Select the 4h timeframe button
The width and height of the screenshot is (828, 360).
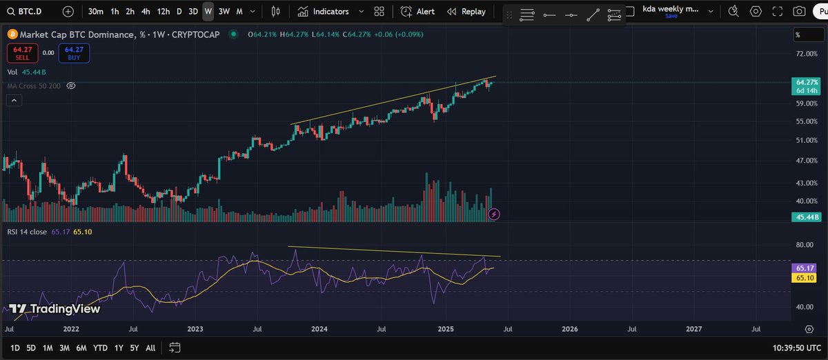coord(146,12)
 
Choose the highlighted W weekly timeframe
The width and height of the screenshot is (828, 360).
coord(208,12)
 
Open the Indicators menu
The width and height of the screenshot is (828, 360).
coord(324,12)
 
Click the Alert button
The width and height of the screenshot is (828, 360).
coord(417,12)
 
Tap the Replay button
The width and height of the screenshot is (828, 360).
coord(466,12)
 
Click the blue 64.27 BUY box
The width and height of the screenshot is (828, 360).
coord(74,53)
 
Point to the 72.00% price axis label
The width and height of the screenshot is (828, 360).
coord(806,54)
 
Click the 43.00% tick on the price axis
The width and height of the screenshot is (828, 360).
coord(806,183)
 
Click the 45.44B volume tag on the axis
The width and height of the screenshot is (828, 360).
coord(807,217)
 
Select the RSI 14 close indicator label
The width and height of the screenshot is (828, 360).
coord(28,232)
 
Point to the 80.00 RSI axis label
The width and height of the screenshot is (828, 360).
coord(805,245)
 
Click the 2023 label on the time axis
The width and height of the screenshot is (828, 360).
coord(195,330)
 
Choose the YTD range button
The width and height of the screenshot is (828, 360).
coord(100,348)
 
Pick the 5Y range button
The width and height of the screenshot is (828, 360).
coord(135,348)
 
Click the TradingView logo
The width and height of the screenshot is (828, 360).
coord(55,309)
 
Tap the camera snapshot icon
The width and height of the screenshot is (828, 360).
coord(799,12)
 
